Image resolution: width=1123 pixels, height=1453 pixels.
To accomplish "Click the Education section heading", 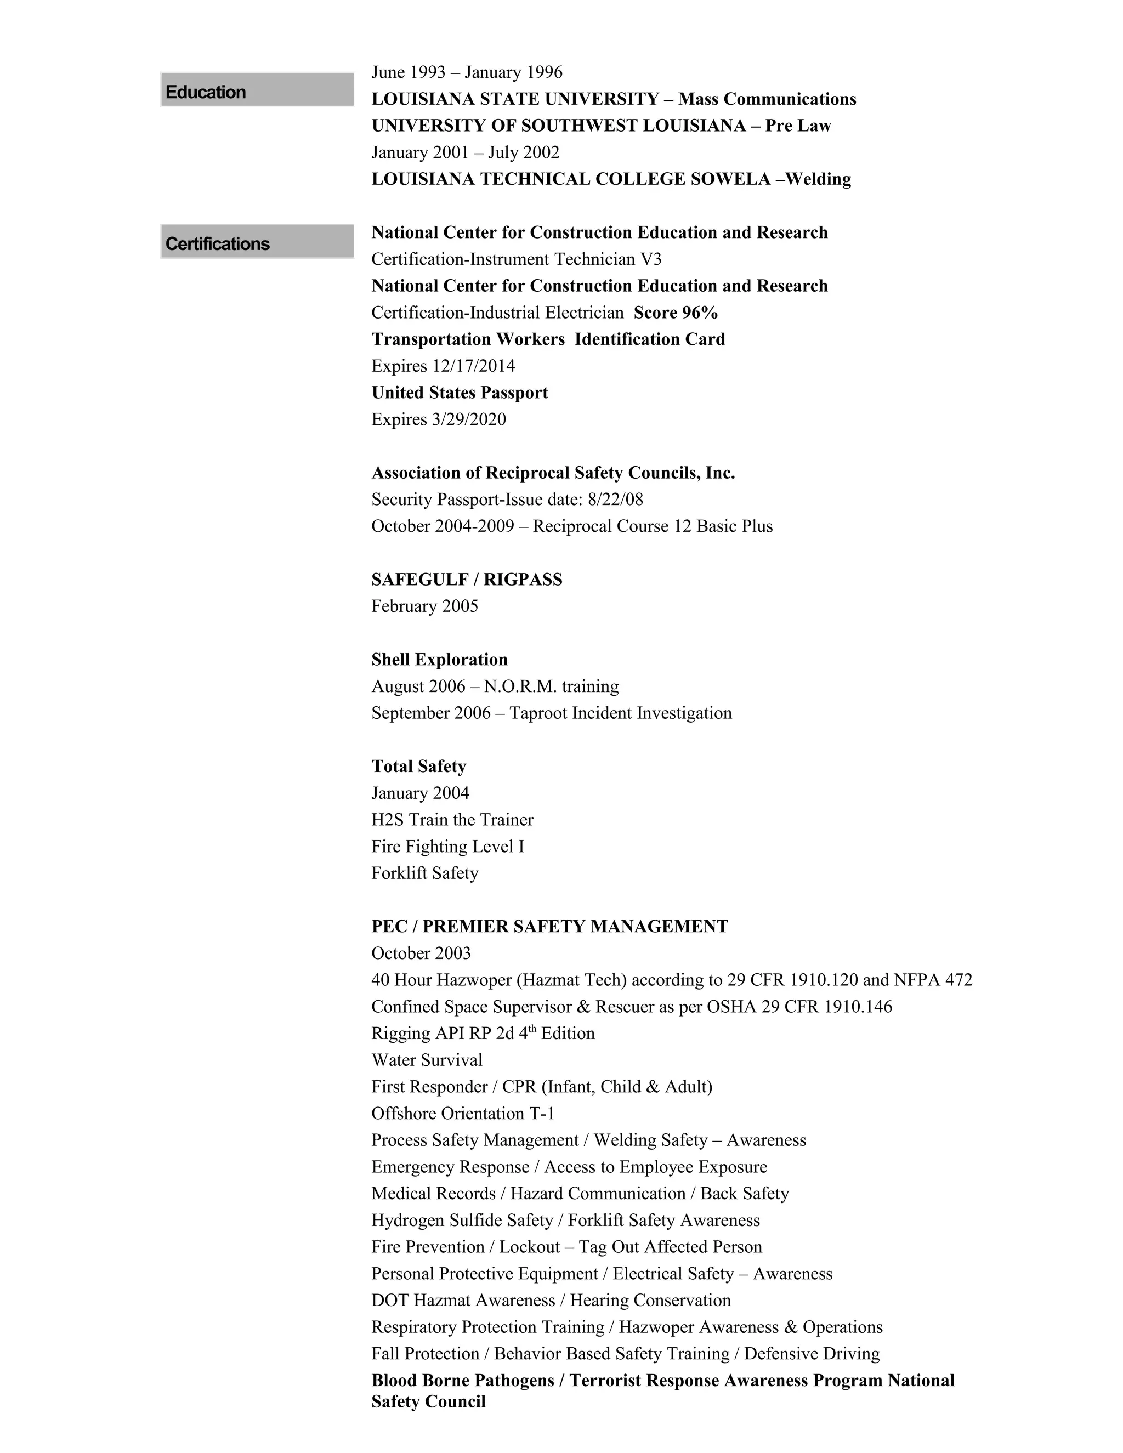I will tap(206, 92).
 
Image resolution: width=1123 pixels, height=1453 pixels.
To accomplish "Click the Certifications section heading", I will tap(218, 244).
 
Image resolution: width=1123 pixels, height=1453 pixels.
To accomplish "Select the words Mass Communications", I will tap(767, 99).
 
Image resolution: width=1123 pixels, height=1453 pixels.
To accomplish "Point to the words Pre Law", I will tap(798, 126).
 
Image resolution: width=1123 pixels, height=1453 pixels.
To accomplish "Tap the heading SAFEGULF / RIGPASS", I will tap(467, 580).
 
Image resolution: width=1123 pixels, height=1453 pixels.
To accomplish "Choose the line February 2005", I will tap(424, 606).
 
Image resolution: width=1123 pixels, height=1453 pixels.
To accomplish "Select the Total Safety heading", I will tap(418, 767).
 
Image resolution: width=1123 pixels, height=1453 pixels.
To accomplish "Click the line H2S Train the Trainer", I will tap(452, 820).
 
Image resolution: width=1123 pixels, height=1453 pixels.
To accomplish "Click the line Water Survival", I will tap(427, 1060).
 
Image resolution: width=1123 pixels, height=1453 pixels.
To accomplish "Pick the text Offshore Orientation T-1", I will tap(462, 1113).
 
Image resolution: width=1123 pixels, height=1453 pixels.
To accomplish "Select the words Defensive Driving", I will tap(812, 1353).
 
